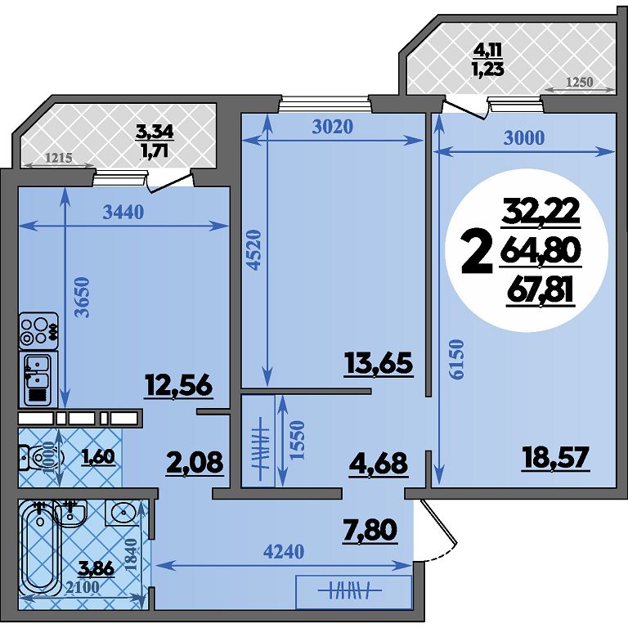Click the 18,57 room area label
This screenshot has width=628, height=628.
pos(555,458)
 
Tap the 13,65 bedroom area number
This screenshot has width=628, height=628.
pos(378,364)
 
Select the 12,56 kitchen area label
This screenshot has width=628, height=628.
pos(178,386)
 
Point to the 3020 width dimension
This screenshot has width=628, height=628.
pos(333,127)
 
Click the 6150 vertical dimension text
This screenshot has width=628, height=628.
pos(456,359)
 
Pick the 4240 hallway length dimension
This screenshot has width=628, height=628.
pos(284,551)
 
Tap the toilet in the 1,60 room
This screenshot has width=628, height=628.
pos(42,457)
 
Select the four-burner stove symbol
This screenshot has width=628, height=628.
pos(38,331)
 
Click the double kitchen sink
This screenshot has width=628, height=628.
pos(38,379)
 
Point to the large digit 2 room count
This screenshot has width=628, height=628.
pos(477,254)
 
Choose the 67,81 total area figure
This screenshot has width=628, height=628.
pos(541,291)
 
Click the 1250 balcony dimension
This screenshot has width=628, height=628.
pos(580,82)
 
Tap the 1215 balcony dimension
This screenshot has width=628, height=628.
pos(59,158)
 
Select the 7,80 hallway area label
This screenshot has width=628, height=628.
pos(370,530)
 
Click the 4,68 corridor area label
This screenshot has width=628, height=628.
pos(379,464)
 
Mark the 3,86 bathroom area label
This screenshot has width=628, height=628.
pos(96,568)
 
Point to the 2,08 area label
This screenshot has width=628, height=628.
pos(195,462)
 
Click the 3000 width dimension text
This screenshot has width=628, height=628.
pos(524,137)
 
